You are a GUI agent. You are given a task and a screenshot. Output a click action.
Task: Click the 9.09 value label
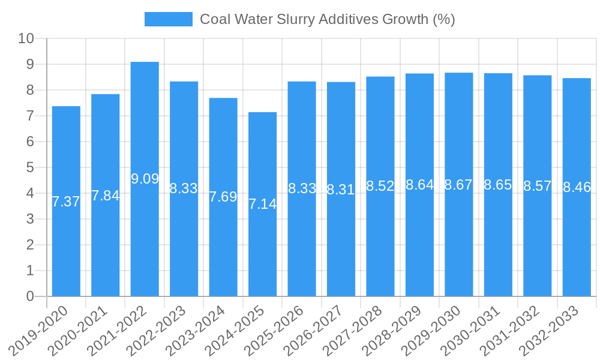145,179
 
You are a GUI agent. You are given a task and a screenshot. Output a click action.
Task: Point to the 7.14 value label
262,204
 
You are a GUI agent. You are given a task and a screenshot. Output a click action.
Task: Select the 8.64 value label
419,185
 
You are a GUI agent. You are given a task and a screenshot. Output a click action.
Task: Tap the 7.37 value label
66,202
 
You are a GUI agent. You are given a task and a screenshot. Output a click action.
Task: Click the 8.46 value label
577,187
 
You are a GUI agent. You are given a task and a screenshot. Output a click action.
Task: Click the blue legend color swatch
168,19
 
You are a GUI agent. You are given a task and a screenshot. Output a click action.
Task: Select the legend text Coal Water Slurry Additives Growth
327,19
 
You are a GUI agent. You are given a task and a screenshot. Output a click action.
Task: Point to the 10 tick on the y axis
26,38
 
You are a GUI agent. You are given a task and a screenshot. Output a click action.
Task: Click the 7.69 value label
223,197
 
